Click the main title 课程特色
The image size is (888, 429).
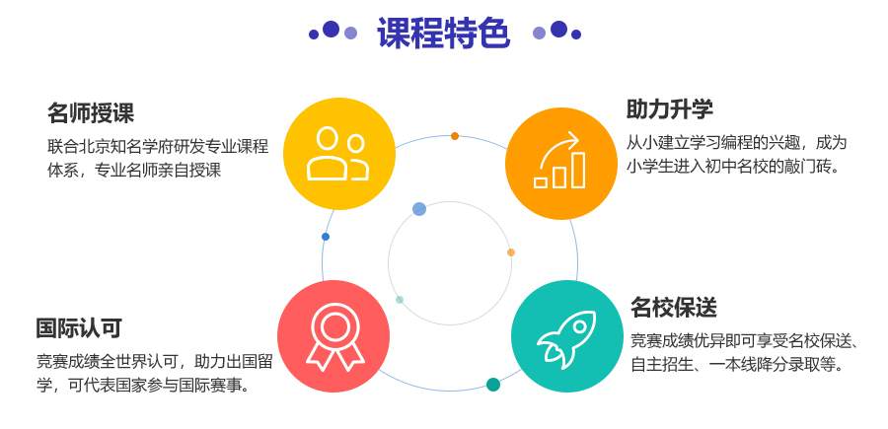coord(443,33)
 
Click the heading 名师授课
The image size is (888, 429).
coord(91,113)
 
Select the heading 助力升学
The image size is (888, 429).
coord(669,109)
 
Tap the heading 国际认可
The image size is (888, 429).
coord(79,327)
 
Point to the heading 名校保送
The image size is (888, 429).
coord(674,308)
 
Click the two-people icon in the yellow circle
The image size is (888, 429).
coord(338,154)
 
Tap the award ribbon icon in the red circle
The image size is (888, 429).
coord(335,336)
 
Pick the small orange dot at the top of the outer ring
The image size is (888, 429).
coord(455,136)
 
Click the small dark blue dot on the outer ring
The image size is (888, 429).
coord(325,237)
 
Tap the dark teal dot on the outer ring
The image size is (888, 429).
coord(493,385)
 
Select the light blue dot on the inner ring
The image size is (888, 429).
coord(419,209)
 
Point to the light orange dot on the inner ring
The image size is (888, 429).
coord(511,252)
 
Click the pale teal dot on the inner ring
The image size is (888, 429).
coord(400,300)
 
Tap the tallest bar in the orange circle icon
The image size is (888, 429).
coord(578,170)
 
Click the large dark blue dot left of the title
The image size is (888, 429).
coord(332,29)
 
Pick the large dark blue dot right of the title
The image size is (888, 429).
coord(558,29)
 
